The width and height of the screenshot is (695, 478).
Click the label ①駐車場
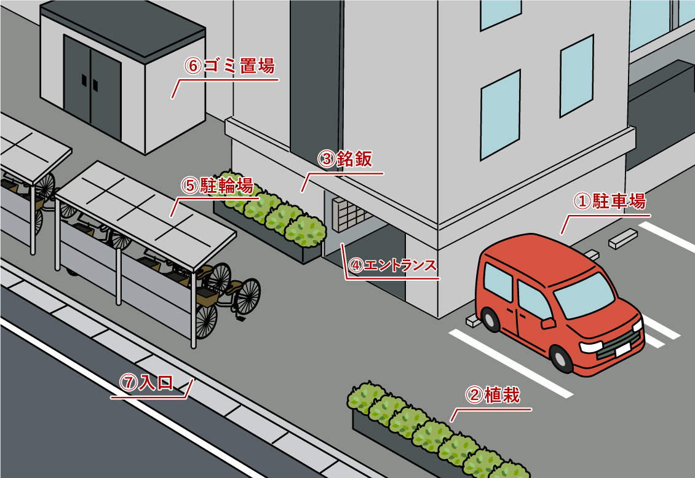pyautogui.click(x=610, y=201)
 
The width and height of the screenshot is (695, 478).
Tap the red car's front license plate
pyautogui.click(x=622, y=350)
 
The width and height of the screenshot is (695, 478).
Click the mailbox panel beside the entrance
pyautogui.click(x=347, y=213)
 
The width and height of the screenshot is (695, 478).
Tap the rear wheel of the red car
pyautogui.click(x=490, y=319)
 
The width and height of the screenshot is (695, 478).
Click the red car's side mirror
pyautogui.click(x=546, y=322)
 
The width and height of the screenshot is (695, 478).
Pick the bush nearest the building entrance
pyautogui.click(x=306, y=231)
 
